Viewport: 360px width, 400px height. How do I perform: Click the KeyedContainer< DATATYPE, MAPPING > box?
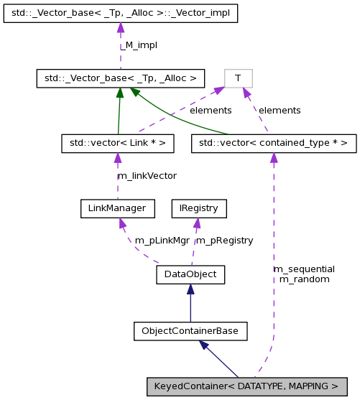coord(247,386)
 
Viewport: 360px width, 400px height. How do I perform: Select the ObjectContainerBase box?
coord(190,331)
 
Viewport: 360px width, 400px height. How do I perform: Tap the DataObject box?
coord(190,274)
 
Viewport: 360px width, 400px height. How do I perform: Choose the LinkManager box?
coord(118,208)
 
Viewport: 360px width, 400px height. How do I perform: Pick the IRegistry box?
coord(198,208)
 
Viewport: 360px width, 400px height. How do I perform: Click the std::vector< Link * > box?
coord(118,144)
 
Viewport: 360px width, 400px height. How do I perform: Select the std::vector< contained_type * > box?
coord(273,144)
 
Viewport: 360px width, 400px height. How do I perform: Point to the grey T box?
coord(238,78)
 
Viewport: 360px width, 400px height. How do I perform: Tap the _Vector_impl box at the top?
coord(120,13)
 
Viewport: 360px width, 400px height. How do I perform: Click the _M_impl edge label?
coord(139,45)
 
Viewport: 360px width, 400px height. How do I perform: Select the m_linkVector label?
coord(147,175)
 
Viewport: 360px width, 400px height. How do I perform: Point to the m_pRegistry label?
coord(224,241)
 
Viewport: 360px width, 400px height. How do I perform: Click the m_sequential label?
coord(304,269)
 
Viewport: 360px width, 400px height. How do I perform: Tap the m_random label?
coord(304,279)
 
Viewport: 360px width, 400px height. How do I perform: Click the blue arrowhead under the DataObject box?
coord(190,289)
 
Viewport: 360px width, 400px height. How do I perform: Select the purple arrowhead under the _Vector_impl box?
coord(120,28)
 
